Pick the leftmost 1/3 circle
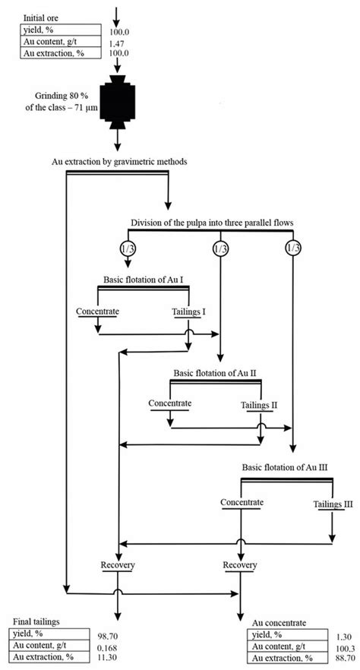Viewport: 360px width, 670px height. pos(127,249)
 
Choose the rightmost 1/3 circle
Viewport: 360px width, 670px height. pos(293,249)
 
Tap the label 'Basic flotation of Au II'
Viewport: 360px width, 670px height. pos(217,373)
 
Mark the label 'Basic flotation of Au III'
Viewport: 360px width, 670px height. pos(284,469)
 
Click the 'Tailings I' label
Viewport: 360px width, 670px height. pos(189,311)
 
